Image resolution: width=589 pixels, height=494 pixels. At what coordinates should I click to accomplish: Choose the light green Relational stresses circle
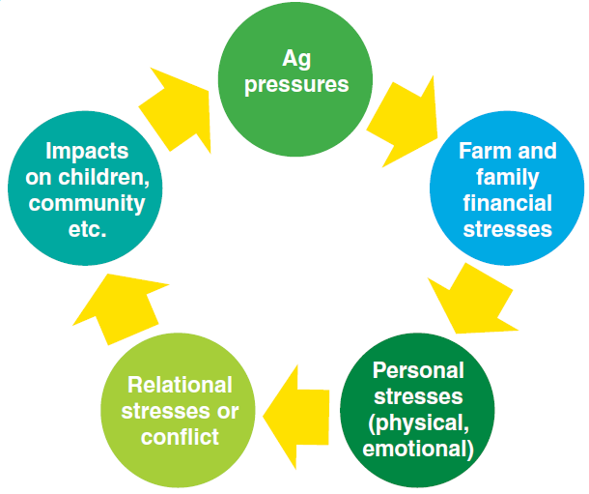tap(180, 411)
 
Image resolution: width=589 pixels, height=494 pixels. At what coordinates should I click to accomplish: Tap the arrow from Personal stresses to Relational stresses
tap(299, 411)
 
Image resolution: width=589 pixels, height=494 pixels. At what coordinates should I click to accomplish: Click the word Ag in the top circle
tap(295, 58)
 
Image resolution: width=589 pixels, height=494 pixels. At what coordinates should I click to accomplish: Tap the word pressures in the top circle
tap(295, 84)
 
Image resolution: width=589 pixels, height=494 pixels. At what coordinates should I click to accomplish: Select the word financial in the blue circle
tap(507, 203)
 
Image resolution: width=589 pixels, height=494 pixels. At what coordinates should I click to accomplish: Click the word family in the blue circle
tap(507, 177)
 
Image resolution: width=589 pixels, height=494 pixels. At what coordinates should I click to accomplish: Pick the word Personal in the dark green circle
tap(418, 370)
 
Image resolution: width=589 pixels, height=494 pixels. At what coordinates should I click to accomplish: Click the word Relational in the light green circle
tap(180, 385)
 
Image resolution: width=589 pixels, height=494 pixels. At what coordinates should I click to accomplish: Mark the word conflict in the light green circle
tap(180, 437)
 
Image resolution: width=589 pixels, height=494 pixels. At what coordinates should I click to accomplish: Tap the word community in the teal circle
tap(86, 203)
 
